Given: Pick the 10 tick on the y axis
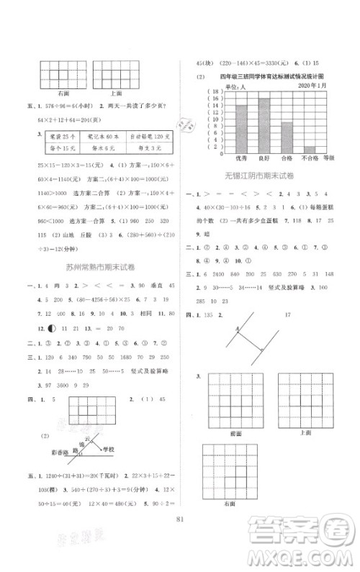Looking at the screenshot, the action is coord(212,118).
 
